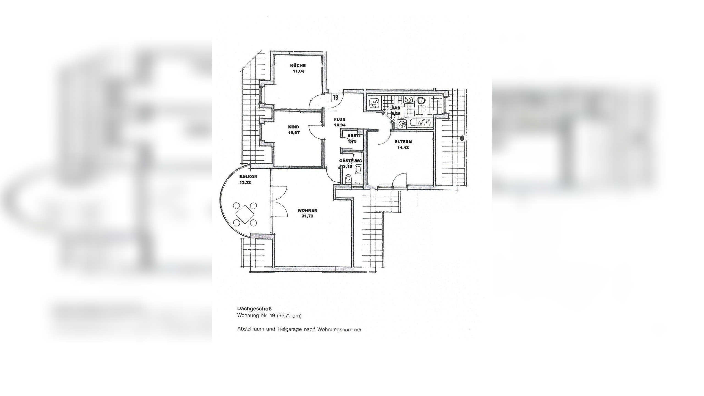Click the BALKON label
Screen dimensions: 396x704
[x=248, y=177]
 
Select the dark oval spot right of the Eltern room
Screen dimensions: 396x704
[x=462, y=138]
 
